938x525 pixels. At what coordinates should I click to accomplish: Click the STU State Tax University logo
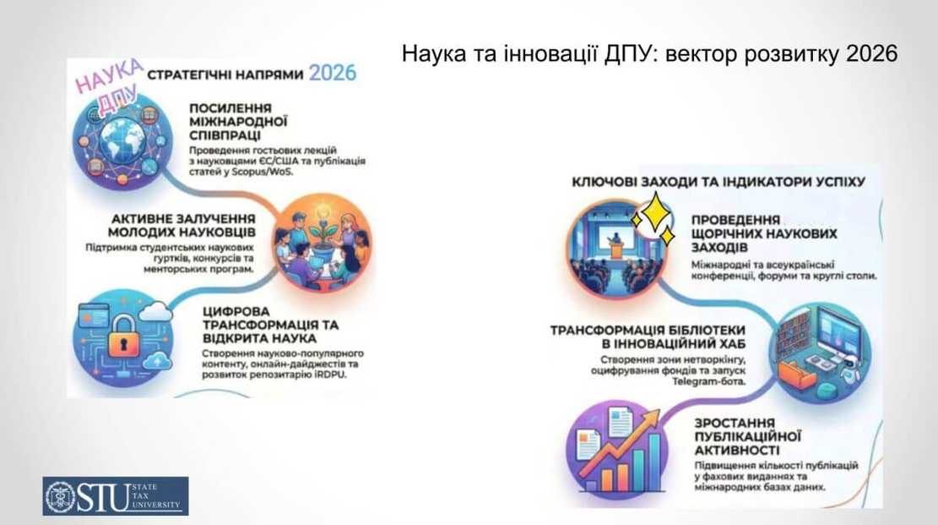point(116,495)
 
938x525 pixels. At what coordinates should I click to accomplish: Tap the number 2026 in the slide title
point(869,54)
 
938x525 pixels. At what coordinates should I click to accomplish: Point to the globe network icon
point(117,143)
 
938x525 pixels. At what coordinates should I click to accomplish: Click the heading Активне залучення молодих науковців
point(182,224)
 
